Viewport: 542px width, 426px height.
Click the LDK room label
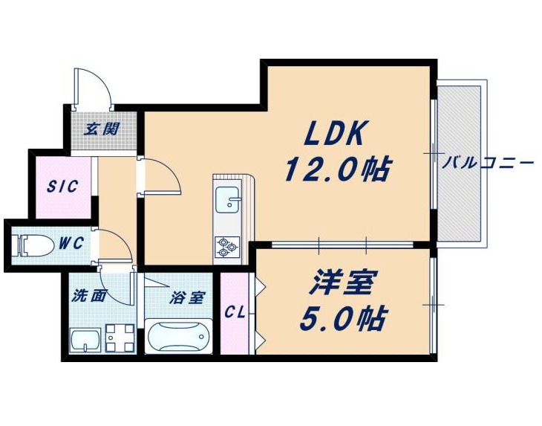(x=334, y=133)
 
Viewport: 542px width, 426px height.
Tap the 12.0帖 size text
(x=337, y=170)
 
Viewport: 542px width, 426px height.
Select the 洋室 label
(x=342, y=282)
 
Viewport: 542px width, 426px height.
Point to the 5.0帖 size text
(x=342, y=318)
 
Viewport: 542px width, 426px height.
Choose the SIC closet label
(x=62, y=187)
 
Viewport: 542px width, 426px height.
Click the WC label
(x=71, y=242)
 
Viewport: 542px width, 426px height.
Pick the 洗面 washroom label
(x=88, y=296)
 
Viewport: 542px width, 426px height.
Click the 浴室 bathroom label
(x=188, y=297)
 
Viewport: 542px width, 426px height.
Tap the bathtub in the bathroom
(x=178, y=336)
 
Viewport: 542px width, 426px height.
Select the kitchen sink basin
(x=227, y=200)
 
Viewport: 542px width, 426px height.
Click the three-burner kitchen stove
(x=227, y=247)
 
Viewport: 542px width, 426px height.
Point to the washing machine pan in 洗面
(x=120, y=338)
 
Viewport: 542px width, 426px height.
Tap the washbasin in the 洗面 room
(x=85, y=341)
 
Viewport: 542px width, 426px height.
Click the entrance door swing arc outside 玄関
(x=94, y=89)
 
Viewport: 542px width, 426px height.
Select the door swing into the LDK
(x=160, y=175)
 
